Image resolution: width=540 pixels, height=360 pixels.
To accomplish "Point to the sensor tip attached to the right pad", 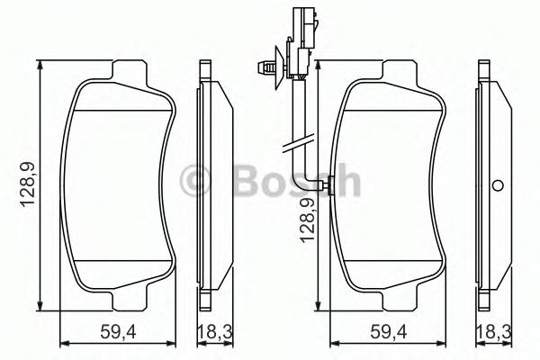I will coord(329,186).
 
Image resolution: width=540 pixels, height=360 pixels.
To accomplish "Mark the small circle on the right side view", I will coord(496,186).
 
